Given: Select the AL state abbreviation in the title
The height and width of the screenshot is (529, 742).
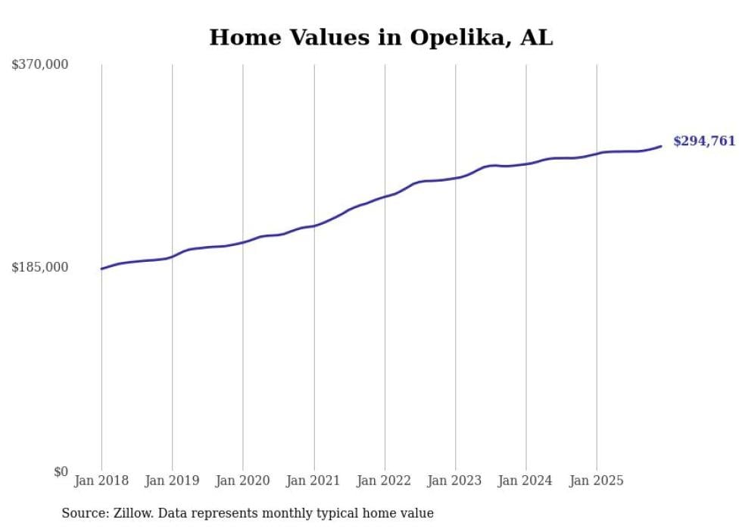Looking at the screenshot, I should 537,38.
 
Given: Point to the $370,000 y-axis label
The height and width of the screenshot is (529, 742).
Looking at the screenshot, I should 40,65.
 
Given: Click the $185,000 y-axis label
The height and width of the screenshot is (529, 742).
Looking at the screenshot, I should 40,267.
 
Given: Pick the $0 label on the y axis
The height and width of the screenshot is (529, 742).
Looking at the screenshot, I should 61,472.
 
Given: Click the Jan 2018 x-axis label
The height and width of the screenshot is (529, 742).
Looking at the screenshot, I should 101,481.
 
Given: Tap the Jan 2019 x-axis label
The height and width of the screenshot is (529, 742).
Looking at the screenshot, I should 172,481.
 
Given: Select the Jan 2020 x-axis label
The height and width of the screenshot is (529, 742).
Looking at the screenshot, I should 243,481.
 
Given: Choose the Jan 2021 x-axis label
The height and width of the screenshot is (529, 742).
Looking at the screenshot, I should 313,481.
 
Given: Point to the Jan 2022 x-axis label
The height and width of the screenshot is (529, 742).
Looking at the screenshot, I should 385,481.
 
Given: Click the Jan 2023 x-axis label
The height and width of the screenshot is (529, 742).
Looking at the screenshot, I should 455,481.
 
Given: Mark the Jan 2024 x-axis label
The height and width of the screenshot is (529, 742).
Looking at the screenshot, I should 525,481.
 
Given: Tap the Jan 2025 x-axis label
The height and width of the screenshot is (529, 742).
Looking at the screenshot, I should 597,481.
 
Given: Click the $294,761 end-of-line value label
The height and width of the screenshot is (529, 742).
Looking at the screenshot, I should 704,142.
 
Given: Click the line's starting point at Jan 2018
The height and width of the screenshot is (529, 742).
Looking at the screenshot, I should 101,269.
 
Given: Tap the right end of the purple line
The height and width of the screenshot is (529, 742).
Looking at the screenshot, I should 661,146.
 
